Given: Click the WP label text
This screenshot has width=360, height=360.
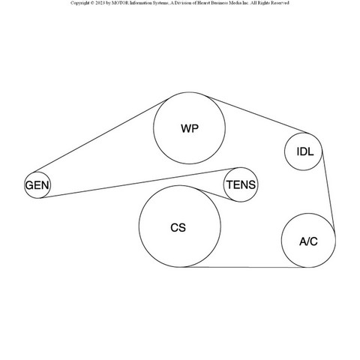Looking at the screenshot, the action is tap(190, 128).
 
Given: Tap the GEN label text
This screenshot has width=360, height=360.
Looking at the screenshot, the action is tap(37, 185).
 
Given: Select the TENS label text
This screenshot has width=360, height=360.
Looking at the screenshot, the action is tap(241, 184).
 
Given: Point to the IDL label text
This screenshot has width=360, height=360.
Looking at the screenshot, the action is tap(305, 151).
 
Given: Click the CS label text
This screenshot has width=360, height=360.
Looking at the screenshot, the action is tap(178, 228).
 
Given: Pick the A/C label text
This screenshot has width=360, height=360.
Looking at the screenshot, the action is tap(308, 241).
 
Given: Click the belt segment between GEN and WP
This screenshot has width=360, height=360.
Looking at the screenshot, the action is tap(100, 136).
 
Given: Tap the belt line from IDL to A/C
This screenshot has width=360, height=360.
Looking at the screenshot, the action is tap(328, 190).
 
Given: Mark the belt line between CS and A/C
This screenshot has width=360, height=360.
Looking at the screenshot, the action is tap(245, 267).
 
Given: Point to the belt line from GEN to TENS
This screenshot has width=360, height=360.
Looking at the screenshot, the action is tap(139, 183).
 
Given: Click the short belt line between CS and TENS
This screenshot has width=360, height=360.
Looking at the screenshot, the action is tap(216, 195).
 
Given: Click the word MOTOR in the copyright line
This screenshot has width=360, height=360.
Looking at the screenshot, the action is tap(121, 3).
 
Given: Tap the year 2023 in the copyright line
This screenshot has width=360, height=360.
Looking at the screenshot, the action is tap(100, 3).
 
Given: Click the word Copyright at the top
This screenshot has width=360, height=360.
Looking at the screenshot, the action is tap(80, 3).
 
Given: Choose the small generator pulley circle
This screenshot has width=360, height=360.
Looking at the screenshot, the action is tap(37, 172).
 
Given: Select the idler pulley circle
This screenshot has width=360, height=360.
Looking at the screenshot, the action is tap(303, 133).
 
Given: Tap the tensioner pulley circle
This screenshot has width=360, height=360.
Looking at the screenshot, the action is tap(241, 167).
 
